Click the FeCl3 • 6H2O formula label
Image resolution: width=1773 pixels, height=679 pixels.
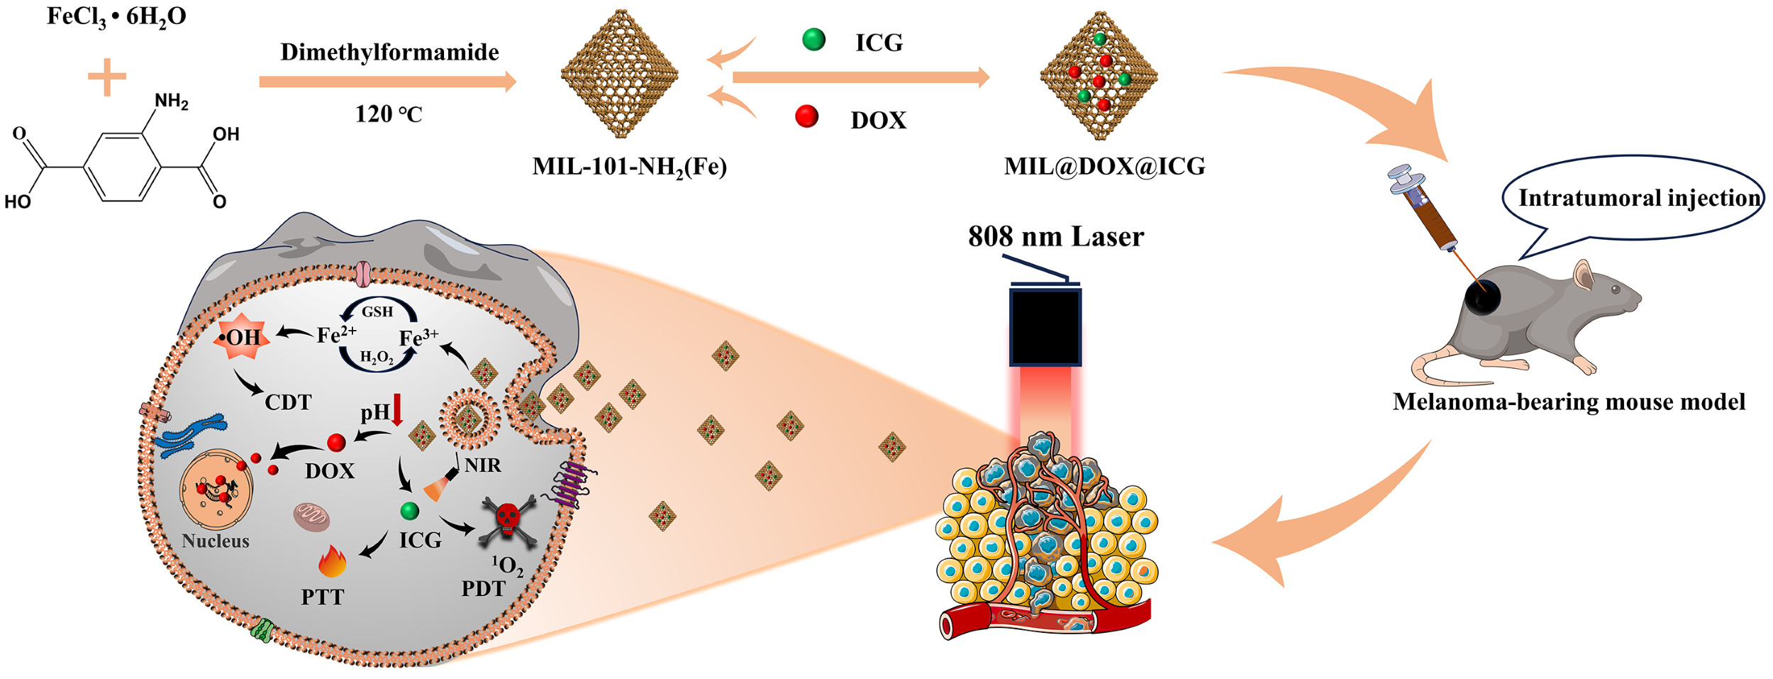click(x=116, y=17)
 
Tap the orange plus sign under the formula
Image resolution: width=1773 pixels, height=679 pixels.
click(x=107, y=76)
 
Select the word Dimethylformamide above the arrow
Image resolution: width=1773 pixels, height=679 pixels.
click(x=389, y=53)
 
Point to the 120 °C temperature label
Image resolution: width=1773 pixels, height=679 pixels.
click(x=389, y=114)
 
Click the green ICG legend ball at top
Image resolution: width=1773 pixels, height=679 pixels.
click(x=813, y=39)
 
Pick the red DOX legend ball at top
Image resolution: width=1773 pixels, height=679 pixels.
click(x=807, y=116)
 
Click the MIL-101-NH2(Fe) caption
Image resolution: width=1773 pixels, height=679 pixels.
click(x=630, y=167)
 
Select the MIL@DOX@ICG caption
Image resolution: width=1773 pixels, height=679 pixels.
click(x=1104, y=166)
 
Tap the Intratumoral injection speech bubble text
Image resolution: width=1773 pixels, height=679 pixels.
click(x=1640, y=198)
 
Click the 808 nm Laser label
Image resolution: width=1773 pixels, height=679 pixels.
click(x=1056, y=237)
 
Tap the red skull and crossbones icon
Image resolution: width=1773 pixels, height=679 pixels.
click(x=507, y=520)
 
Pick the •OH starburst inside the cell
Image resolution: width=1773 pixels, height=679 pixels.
click(x=242, y=336)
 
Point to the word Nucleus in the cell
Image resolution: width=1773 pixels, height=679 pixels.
click(x=216, y=541)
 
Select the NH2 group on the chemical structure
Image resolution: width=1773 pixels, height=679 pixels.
click(x=171, y=101)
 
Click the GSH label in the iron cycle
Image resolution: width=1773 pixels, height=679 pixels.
click(x=377, y=311)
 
